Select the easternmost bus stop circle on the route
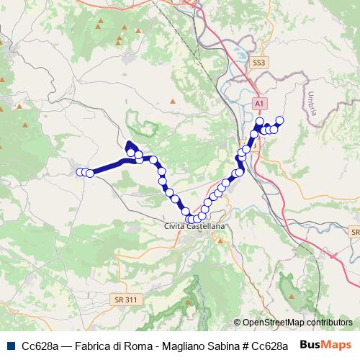click(x=280, y=120)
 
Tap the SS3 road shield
click(x=259, y=63)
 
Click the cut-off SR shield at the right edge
click(x=355, y=233)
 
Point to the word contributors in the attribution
click(x=330, y=323)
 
